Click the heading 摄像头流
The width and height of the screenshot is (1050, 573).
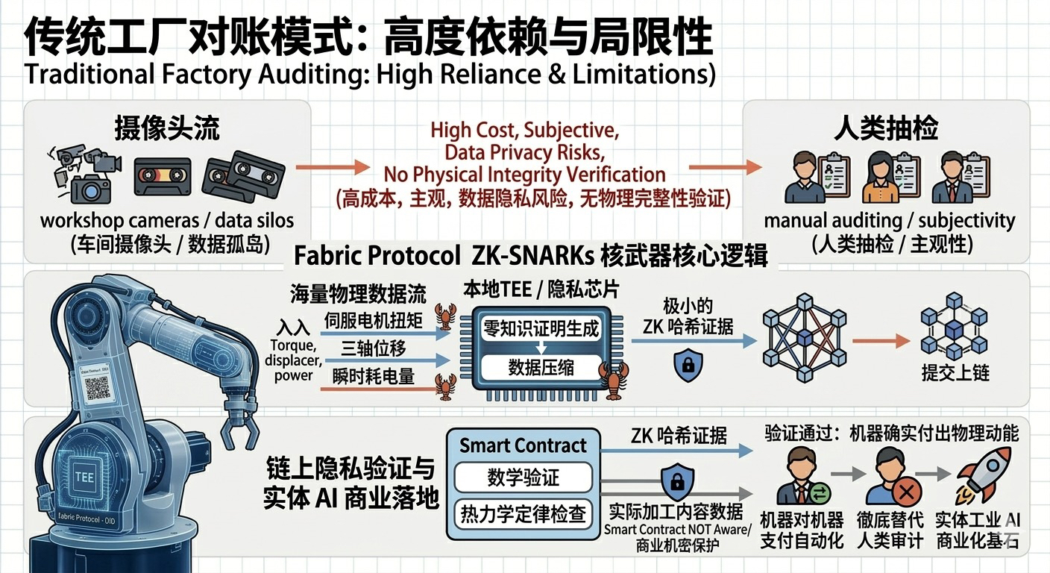point(166,128)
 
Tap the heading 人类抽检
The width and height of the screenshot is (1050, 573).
point(886,128)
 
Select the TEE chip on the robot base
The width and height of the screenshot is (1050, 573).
point(84,476)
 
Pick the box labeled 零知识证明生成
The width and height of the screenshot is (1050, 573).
point(541,329)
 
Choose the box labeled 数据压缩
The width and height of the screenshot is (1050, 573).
point(541,367)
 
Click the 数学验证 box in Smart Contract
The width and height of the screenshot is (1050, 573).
point(523,477)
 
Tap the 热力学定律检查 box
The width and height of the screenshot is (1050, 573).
point(523,515)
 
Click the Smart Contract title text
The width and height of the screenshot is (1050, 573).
point(523,445)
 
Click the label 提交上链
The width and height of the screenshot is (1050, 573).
point(955,372)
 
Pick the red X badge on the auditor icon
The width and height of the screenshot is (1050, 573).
point(907,493)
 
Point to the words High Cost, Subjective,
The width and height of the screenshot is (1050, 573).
point(524,130)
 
